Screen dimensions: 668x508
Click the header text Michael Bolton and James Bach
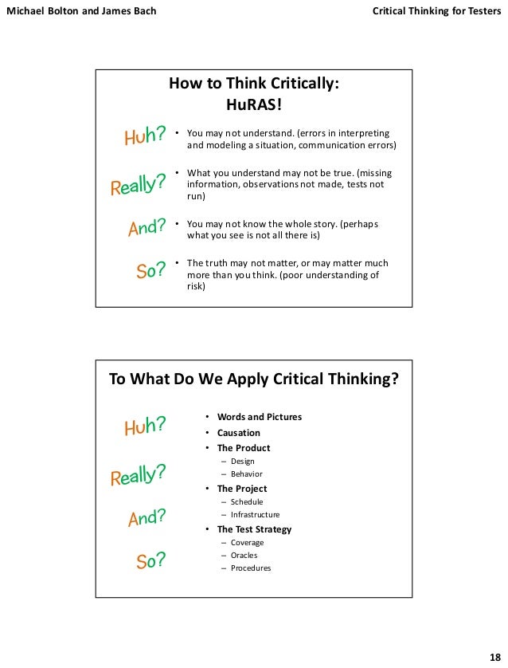pyautogui.click(x=81, y=12)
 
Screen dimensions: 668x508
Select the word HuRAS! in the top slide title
pyautogui.click(x=255, y=104)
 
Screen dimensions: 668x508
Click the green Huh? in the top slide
pyautogui.click(x=145, y=136)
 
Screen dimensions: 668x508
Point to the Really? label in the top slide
pyautogui.click(x=137, y=185)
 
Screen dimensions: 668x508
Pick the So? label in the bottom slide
pyautogui.click(x=150, y=561)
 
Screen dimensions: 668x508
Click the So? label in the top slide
pyautogui.click(x=150, y=271)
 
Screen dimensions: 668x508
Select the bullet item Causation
pyautogui.click(x=239, y=433)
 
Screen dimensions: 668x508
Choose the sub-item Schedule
pyautogui.click(x=247, y=502)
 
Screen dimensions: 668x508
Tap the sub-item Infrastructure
pyautogui.click(x=255, y=515)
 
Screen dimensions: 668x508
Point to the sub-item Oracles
pyautogui.click(x=244, y=556)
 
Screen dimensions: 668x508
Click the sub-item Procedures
pyautogui.click(x=251, y=568)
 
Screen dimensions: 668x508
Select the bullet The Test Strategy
pyautogui.click(x=254, y=529)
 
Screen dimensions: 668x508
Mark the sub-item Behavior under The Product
pyautogui.click(x=247, y=474)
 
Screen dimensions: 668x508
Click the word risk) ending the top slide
pyautogui.click(x=196, y=288)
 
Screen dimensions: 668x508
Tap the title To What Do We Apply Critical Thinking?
pyautogui.click(x=253, y=379)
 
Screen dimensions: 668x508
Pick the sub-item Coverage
pyautogui.click(x=247, y=543)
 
